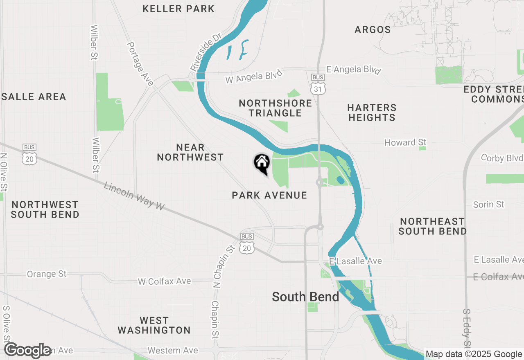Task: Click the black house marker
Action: tap(262, 163)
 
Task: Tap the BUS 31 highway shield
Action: tap(318, 85)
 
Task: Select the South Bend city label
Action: tap(305, 297)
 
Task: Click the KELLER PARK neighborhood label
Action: tap(178, 9)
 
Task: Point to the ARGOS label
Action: tap(373, 29)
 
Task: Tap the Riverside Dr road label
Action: tap(206, 52)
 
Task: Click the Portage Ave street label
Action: tap(140, 64)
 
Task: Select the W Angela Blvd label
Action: tap(254, 76)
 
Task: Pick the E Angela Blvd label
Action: tap(353, 70)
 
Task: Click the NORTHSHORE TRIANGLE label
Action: tap(276, 108)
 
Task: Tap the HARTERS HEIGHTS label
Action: tap(372, 112)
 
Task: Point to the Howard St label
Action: tap(405, 142)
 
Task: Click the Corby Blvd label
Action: tap(502, 158)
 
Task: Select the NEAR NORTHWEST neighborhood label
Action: tap(190, 152)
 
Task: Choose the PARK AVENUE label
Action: tap(269, 195)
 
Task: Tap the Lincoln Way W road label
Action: tap(134, 196)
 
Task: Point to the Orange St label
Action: tap(47, 274)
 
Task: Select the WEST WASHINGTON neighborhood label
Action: tap(154, 325)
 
